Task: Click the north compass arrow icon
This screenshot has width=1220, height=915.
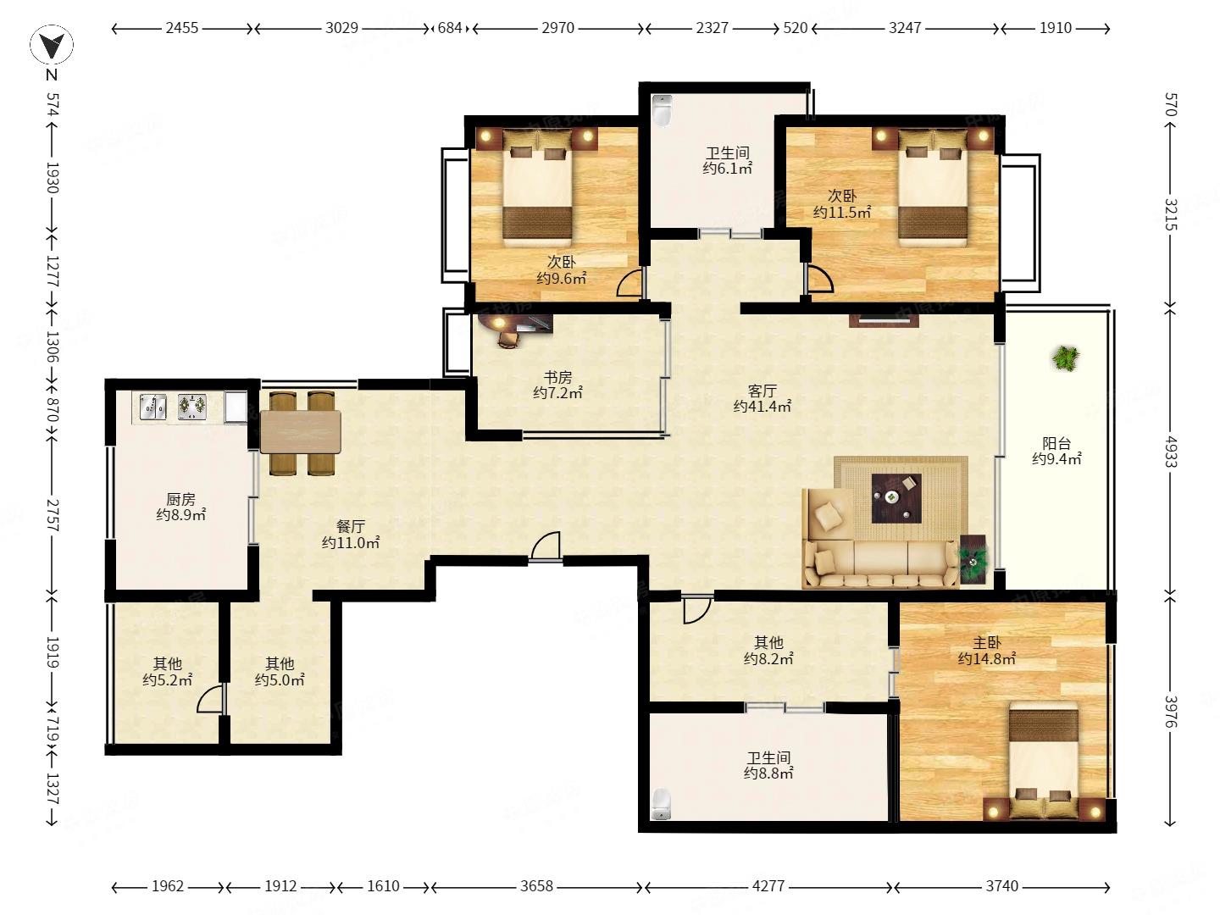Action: click(52, 44)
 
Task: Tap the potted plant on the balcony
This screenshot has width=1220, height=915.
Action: click(1065, 358)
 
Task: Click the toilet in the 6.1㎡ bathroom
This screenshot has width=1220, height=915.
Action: click(662, 110)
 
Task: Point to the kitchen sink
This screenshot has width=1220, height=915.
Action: click(152, 407)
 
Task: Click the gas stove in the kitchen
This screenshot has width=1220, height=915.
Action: click(192, 407)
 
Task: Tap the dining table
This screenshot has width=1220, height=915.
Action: click(300, 432)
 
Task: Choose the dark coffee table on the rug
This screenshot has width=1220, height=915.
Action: click(896, 498)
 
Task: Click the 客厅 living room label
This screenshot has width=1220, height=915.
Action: click(762, 391)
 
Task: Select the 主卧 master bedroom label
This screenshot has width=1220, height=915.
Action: click(986, 643)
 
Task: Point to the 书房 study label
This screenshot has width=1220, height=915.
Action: click(557, 378)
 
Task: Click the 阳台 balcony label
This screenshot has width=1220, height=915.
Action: click(1056, 443)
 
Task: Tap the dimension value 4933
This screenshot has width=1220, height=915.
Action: click(1171, 452)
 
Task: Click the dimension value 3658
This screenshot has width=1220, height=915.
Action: click(536, 886)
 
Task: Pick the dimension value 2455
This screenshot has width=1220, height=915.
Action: click(182, 28)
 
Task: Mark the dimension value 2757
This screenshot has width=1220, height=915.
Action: click(53, 515)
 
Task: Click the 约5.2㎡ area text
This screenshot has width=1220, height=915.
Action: click(167, 680)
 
